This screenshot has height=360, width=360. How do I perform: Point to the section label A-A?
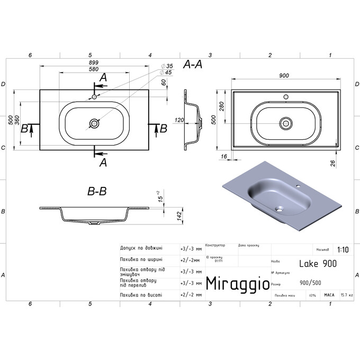coord(193,64)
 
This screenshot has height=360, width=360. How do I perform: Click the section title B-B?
coord(97,192)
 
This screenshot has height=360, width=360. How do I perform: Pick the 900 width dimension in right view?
coord(284,76)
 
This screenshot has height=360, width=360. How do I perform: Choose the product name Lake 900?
coord(318,263)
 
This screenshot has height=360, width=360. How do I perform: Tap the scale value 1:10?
coord(342,249)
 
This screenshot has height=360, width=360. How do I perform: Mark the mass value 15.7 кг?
coord(347,295)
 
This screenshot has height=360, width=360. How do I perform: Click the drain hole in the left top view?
coord(94,123)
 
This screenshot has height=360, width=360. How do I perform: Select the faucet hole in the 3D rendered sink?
coord(298,186)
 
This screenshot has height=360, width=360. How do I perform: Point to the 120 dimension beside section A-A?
coord(178,121)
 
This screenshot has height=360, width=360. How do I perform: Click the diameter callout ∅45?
coord(167,73)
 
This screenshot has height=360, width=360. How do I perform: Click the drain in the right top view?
coord(286,122)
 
